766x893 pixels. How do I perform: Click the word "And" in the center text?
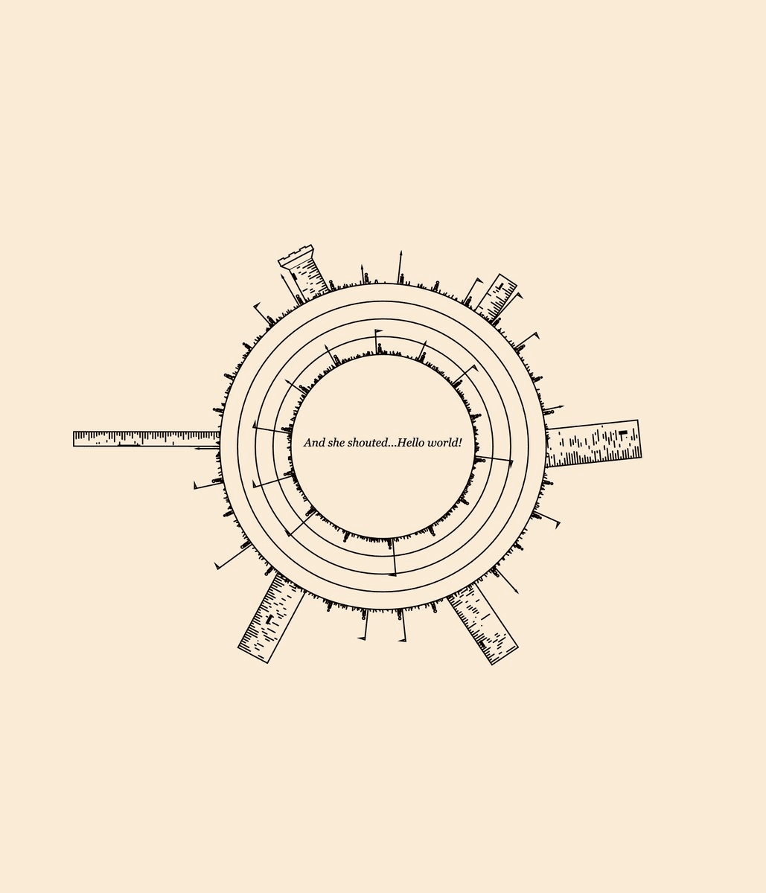314,442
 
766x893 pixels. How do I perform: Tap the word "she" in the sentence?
336,442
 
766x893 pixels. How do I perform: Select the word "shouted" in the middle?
368,442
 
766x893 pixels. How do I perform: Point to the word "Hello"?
411,442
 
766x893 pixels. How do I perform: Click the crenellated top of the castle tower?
296,255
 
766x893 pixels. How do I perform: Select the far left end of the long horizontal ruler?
74,438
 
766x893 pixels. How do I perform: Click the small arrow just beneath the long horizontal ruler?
207,449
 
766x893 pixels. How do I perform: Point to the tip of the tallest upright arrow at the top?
401,251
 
